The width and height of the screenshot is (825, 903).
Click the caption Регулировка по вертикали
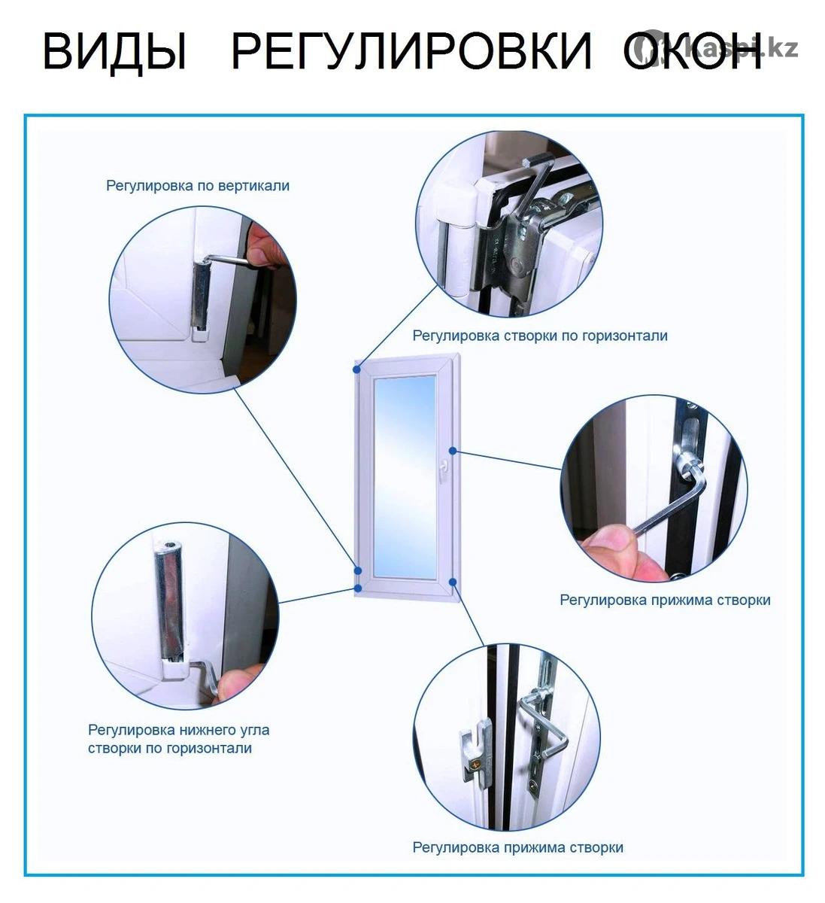(198, 186)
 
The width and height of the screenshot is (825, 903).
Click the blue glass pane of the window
(405, 478)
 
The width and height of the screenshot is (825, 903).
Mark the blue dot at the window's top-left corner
(356, 369)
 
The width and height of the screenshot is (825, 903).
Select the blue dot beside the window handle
(453, 451)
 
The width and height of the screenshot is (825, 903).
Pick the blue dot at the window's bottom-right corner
(453, 582)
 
